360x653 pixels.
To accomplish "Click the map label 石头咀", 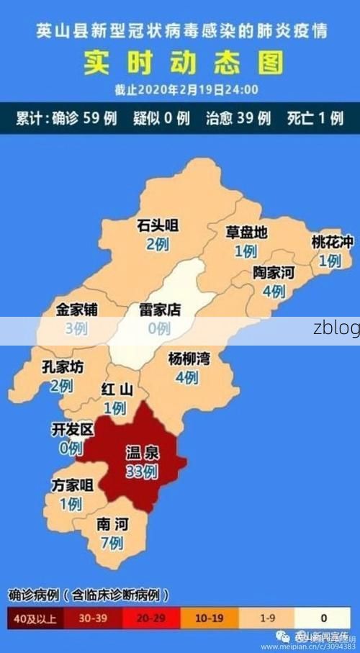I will [158, 226].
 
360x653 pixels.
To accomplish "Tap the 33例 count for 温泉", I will [141, 472].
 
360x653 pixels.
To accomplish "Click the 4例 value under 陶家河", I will [274, 292].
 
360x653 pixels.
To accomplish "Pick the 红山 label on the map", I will [117, 390].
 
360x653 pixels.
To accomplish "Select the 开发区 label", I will [72, 430].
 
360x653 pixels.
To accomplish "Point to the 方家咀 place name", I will [72, 485].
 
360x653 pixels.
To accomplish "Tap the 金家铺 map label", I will [76, 310].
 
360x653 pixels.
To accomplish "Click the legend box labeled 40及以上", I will [37, 617].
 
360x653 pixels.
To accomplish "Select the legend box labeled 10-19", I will [210, 617].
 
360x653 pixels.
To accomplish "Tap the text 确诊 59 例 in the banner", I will [84, 118].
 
